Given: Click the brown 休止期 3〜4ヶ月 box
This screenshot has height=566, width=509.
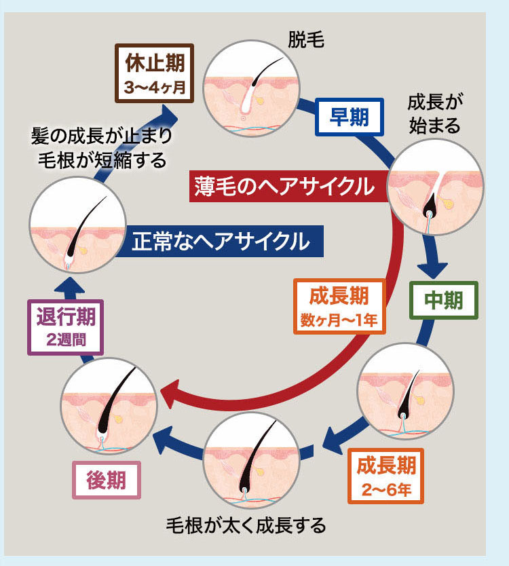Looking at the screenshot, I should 155,74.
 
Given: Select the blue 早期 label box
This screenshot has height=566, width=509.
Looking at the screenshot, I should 349,117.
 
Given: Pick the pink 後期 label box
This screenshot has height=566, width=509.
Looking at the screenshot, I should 107,480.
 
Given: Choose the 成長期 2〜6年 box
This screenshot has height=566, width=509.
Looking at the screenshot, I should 385,477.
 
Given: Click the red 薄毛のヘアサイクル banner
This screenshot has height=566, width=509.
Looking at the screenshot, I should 282,185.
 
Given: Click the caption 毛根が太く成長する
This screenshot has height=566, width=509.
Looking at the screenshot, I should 246,525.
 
